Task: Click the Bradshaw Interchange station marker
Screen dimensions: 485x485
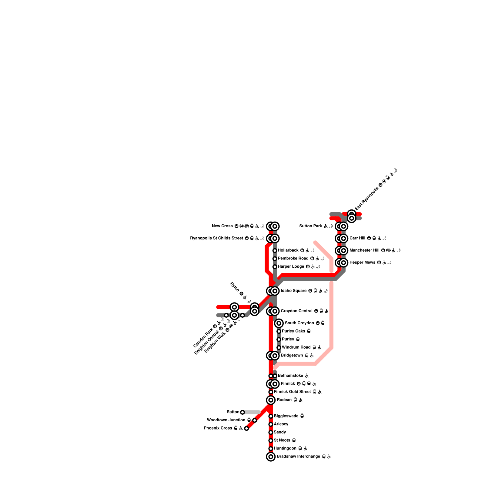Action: point(271,457)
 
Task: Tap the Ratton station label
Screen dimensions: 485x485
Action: point(233,412)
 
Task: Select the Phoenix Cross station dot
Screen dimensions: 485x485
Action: point(246,428)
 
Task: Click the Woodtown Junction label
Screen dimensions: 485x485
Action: point(226,420)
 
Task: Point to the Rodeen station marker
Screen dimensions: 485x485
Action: point(271,400)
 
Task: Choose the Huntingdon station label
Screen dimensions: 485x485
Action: point(285,449)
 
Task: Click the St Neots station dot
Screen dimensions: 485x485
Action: point(271,440)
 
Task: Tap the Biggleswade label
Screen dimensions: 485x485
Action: point(286,416)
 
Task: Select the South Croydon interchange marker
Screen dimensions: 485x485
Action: point(279,323)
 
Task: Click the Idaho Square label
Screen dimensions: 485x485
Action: point(293,291)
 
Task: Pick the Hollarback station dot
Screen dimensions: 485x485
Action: point(275,250)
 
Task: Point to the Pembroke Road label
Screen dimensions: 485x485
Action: point(293,259)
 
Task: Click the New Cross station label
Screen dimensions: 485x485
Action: point(222,226)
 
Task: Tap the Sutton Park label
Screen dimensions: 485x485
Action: point(310,226)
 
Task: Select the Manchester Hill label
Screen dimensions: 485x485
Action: point(364,250)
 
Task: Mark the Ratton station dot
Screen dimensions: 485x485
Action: point(242,412)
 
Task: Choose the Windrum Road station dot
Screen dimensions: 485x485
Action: point(279,347)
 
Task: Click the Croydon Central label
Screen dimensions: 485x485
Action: point(296,311)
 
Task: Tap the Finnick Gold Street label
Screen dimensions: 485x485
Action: point(292,392)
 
